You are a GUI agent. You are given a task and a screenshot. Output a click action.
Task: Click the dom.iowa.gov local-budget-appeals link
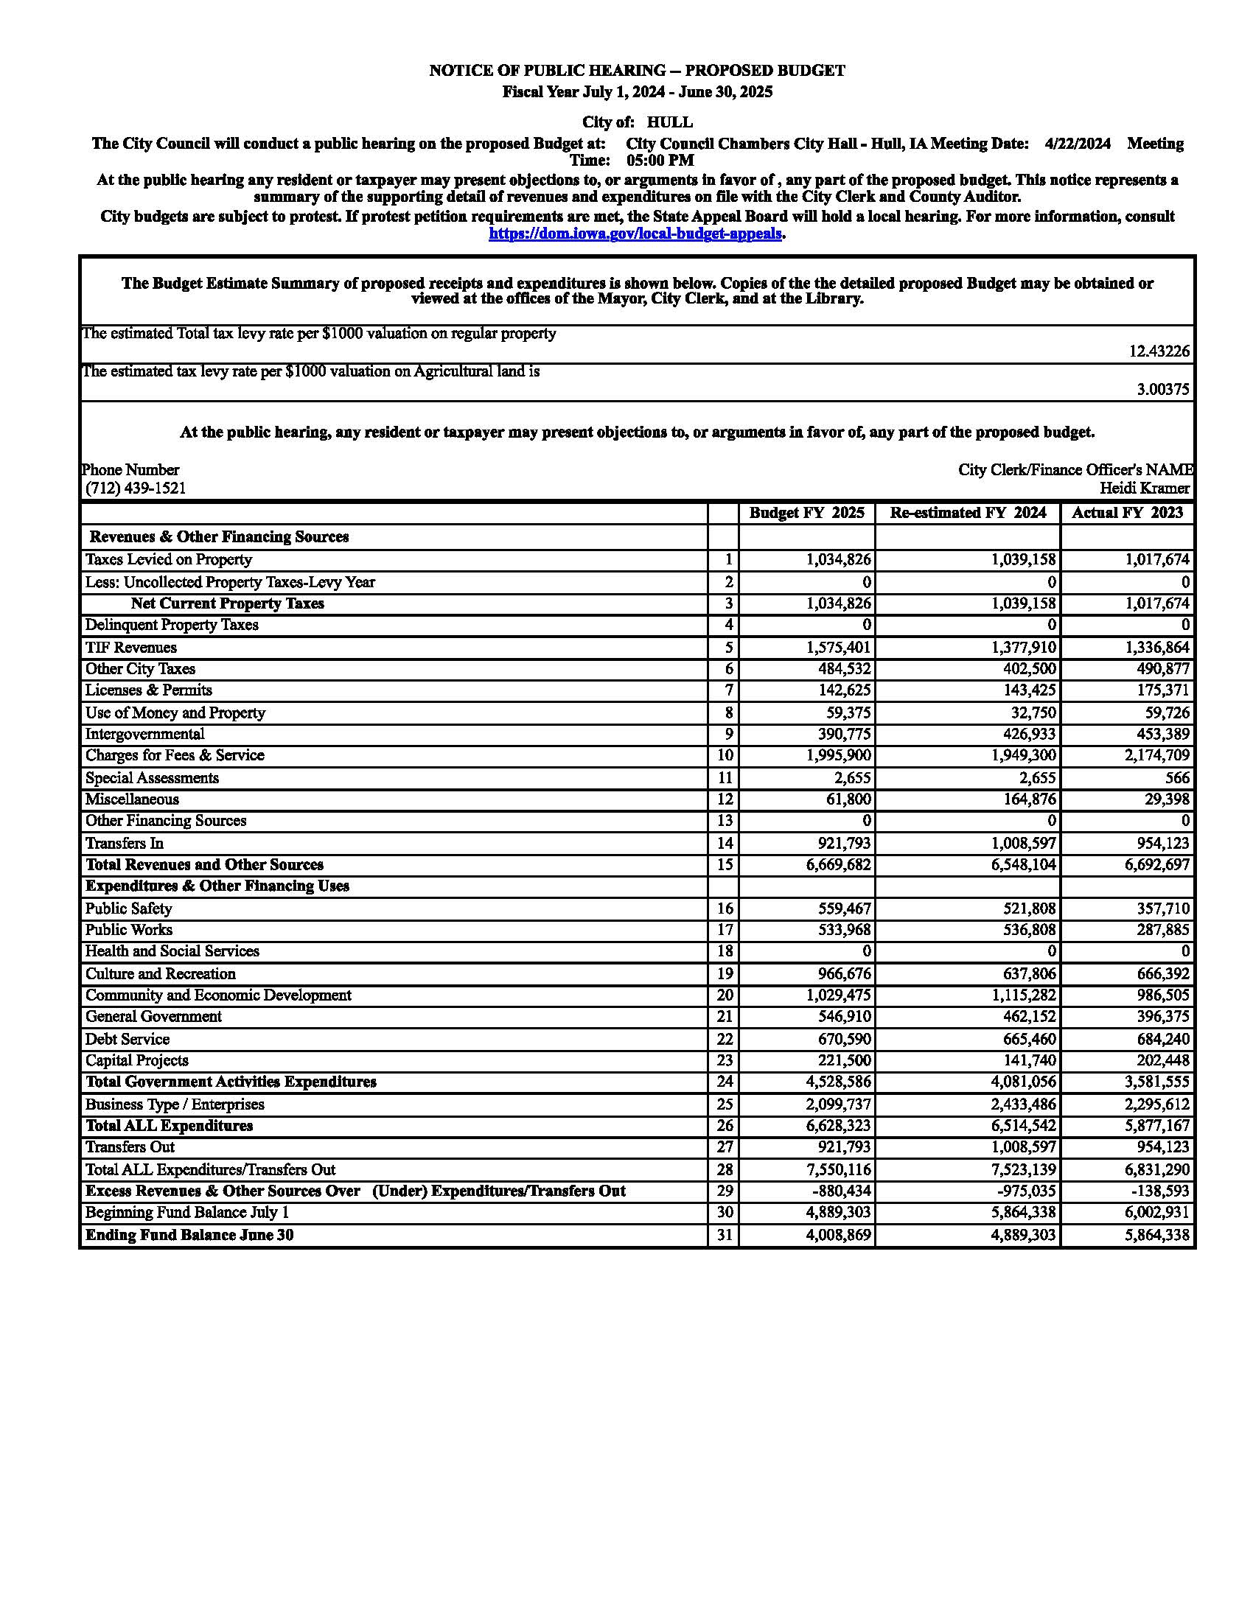point(635,234)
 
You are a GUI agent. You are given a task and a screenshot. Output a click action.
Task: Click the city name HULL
point(669,122)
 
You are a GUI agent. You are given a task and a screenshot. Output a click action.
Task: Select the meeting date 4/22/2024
point(1077,144)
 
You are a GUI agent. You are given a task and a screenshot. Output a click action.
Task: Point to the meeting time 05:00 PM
point(660,161)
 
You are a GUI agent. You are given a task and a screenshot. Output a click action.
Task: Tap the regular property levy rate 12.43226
point(1159,351)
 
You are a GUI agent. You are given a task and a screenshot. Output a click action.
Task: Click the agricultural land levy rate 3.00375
point(1162,390)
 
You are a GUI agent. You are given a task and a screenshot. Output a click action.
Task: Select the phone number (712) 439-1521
point(136,489)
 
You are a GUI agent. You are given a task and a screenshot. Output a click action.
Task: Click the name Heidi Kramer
point(1145,489)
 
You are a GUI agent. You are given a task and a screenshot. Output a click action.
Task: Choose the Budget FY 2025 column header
point(806,513)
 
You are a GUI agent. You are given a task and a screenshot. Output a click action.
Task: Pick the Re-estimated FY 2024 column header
point(968,513)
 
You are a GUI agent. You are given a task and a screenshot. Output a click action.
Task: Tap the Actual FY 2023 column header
point(1127,513)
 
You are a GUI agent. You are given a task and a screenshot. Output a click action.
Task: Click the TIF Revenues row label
point(130,648)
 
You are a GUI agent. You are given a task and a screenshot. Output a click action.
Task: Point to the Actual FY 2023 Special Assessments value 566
point(1176,778)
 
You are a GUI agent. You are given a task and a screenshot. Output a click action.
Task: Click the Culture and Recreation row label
point(161,974)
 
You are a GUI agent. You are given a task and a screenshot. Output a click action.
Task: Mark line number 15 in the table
point(725,865)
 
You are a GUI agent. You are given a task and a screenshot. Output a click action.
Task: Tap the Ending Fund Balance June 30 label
point(189,1235)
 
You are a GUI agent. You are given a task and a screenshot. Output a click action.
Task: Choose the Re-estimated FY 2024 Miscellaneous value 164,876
point(1023,799)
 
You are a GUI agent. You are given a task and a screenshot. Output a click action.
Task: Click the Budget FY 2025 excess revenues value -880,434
point(840,1191)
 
